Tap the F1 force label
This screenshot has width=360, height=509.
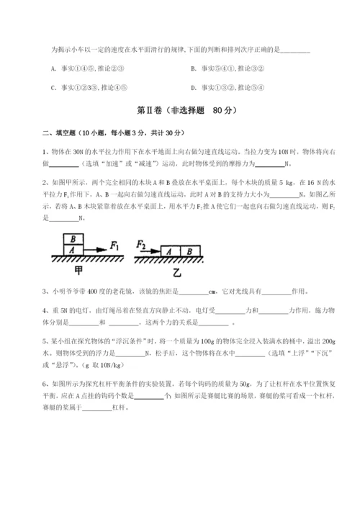tap(114, 246)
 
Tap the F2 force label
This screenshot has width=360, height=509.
tap(141, 245)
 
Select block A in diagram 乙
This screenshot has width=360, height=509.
tap(168, 251)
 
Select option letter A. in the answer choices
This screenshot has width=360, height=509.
tap(54, 69)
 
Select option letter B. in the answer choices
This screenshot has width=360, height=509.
tap(194, 69)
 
